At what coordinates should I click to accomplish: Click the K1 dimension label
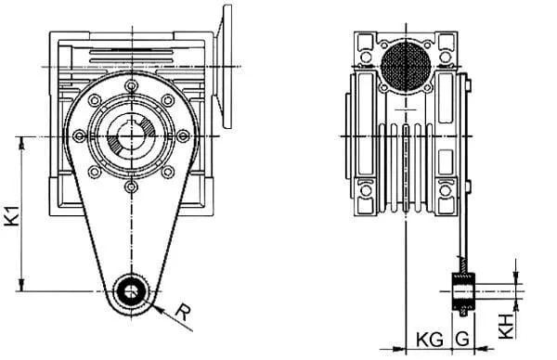tap(12, 214)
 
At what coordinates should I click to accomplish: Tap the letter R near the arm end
tap(183, 312)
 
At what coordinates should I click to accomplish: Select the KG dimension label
tap(430, 341)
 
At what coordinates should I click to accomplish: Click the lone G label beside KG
tap(462, 340)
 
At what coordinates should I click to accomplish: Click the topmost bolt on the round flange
tap(132, 86)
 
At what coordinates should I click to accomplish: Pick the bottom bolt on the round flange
tap(132, 186)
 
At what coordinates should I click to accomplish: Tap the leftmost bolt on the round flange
tap(79, 136)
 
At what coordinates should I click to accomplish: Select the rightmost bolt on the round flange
tap(183, 136)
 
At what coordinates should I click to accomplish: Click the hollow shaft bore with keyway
tap(132, 136)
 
